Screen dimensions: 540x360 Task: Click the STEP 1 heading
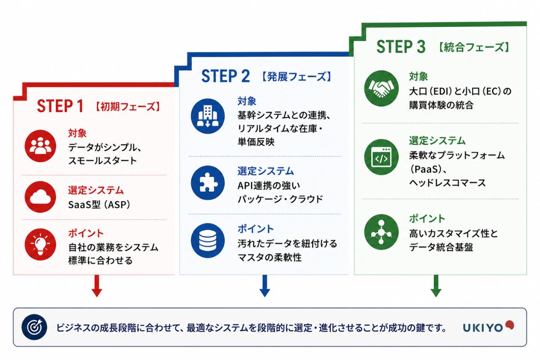click(60, 106)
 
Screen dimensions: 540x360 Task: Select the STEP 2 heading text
click(225, 76)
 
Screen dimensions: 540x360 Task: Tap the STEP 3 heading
click(401, 46)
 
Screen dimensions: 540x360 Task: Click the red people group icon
click(40, 146)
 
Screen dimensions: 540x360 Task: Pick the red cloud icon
click(40, 197)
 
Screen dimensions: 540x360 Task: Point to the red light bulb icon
click(40, 244)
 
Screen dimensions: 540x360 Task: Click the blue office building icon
click(207, 116)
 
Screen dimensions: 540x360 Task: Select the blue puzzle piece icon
click(207, 183)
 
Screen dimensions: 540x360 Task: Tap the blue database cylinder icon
click(207, 240)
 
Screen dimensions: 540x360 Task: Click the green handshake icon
click(382, 88)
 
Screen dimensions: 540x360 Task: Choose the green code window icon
click(382, 157)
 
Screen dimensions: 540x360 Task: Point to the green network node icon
click(382, 232)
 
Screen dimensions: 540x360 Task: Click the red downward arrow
click(97, 286)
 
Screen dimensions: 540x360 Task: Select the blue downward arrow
click(265, 286)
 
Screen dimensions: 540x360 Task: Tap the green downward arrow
click(436, 286)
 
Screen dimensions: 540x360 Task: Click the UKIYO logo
click(488, 327)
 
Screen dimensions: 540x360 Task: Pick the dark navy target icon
click(34, 327)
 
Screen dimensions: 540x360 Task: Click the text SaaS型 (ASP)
click(99, 205)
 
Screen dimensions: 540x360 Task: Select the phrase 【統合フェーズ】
click(473, 47)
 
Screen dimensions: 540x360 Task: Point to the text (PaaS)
click(426, 169)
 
